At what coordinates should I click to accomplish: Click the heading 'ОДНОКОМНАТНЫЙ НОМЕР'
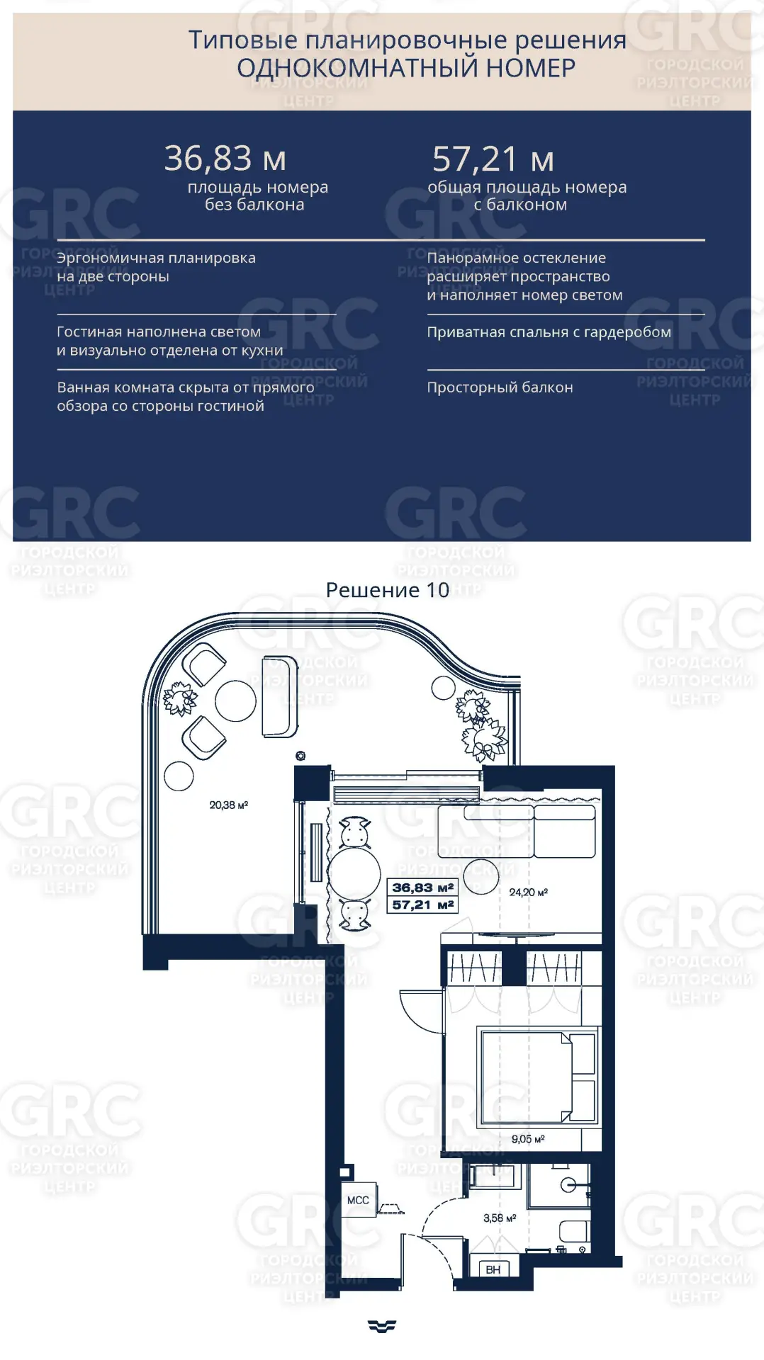click(x=406, y=68)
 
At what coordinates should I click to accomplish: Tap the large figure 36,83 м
click(x=225, y=159)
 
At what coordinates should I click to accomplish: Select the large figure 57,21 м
click(x=493, y=159)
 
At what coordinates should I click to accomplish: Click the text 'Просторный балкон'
click(x=500, y=387)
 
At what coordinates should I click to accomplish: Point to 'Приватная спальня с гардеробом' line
click(x=549, y=332)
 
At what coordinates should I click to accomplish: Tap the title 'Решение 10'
click(x=387, y=590)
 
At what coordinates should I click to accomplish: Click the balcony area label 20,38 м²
click(x=228, y=805)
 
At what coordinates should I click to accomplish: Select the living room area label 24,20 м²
click(x=528, y=892)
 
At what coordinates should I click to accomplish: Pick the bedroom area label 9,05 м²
click(x=528, y=1139)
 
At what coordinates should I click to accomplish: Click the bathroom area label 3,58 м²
click(x=500, y=1218)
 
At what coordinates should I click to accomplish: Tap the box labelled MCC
click(x=358, y=1200)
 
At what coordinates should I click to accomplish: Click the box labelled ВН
click(x=493, y=1270)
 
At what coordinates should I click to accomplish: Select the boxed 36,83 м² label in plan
click(x=422, y=888)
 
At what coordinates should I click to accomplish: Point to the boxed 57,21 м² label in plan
click(x=422, y=905)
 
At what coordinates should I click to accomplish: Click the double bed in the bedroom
click(x=538, y=1077)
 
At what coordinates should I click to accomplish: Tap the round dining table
click(x=354, y=873)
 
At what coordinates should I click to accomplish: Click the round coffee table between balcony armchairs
click(x=235, y=701)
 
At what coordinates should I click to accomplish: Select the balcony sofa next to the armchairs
click(x=280, y=697)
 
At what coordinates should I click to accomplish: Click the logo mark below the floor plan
click(x=382, y=1326)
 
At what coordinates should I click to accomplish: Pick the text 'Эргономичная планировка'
click(x=156, y=258)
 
